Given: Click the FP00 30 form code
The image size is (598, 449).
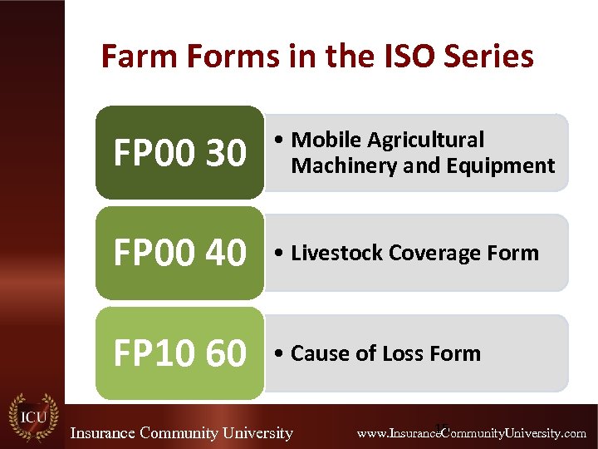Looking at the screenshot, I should tap(179, 153).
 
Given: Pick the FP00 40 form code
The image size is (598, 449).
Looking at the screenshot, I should tap(179, 253).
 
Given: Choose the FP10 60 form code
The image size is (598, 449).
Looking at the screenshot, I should tap(179, 353).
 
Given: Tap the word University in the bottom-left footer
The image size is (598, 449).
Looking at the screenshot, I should tap(253, 433).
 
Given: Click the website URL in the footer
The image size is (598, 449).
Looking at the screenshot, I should tap(471, 433).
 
